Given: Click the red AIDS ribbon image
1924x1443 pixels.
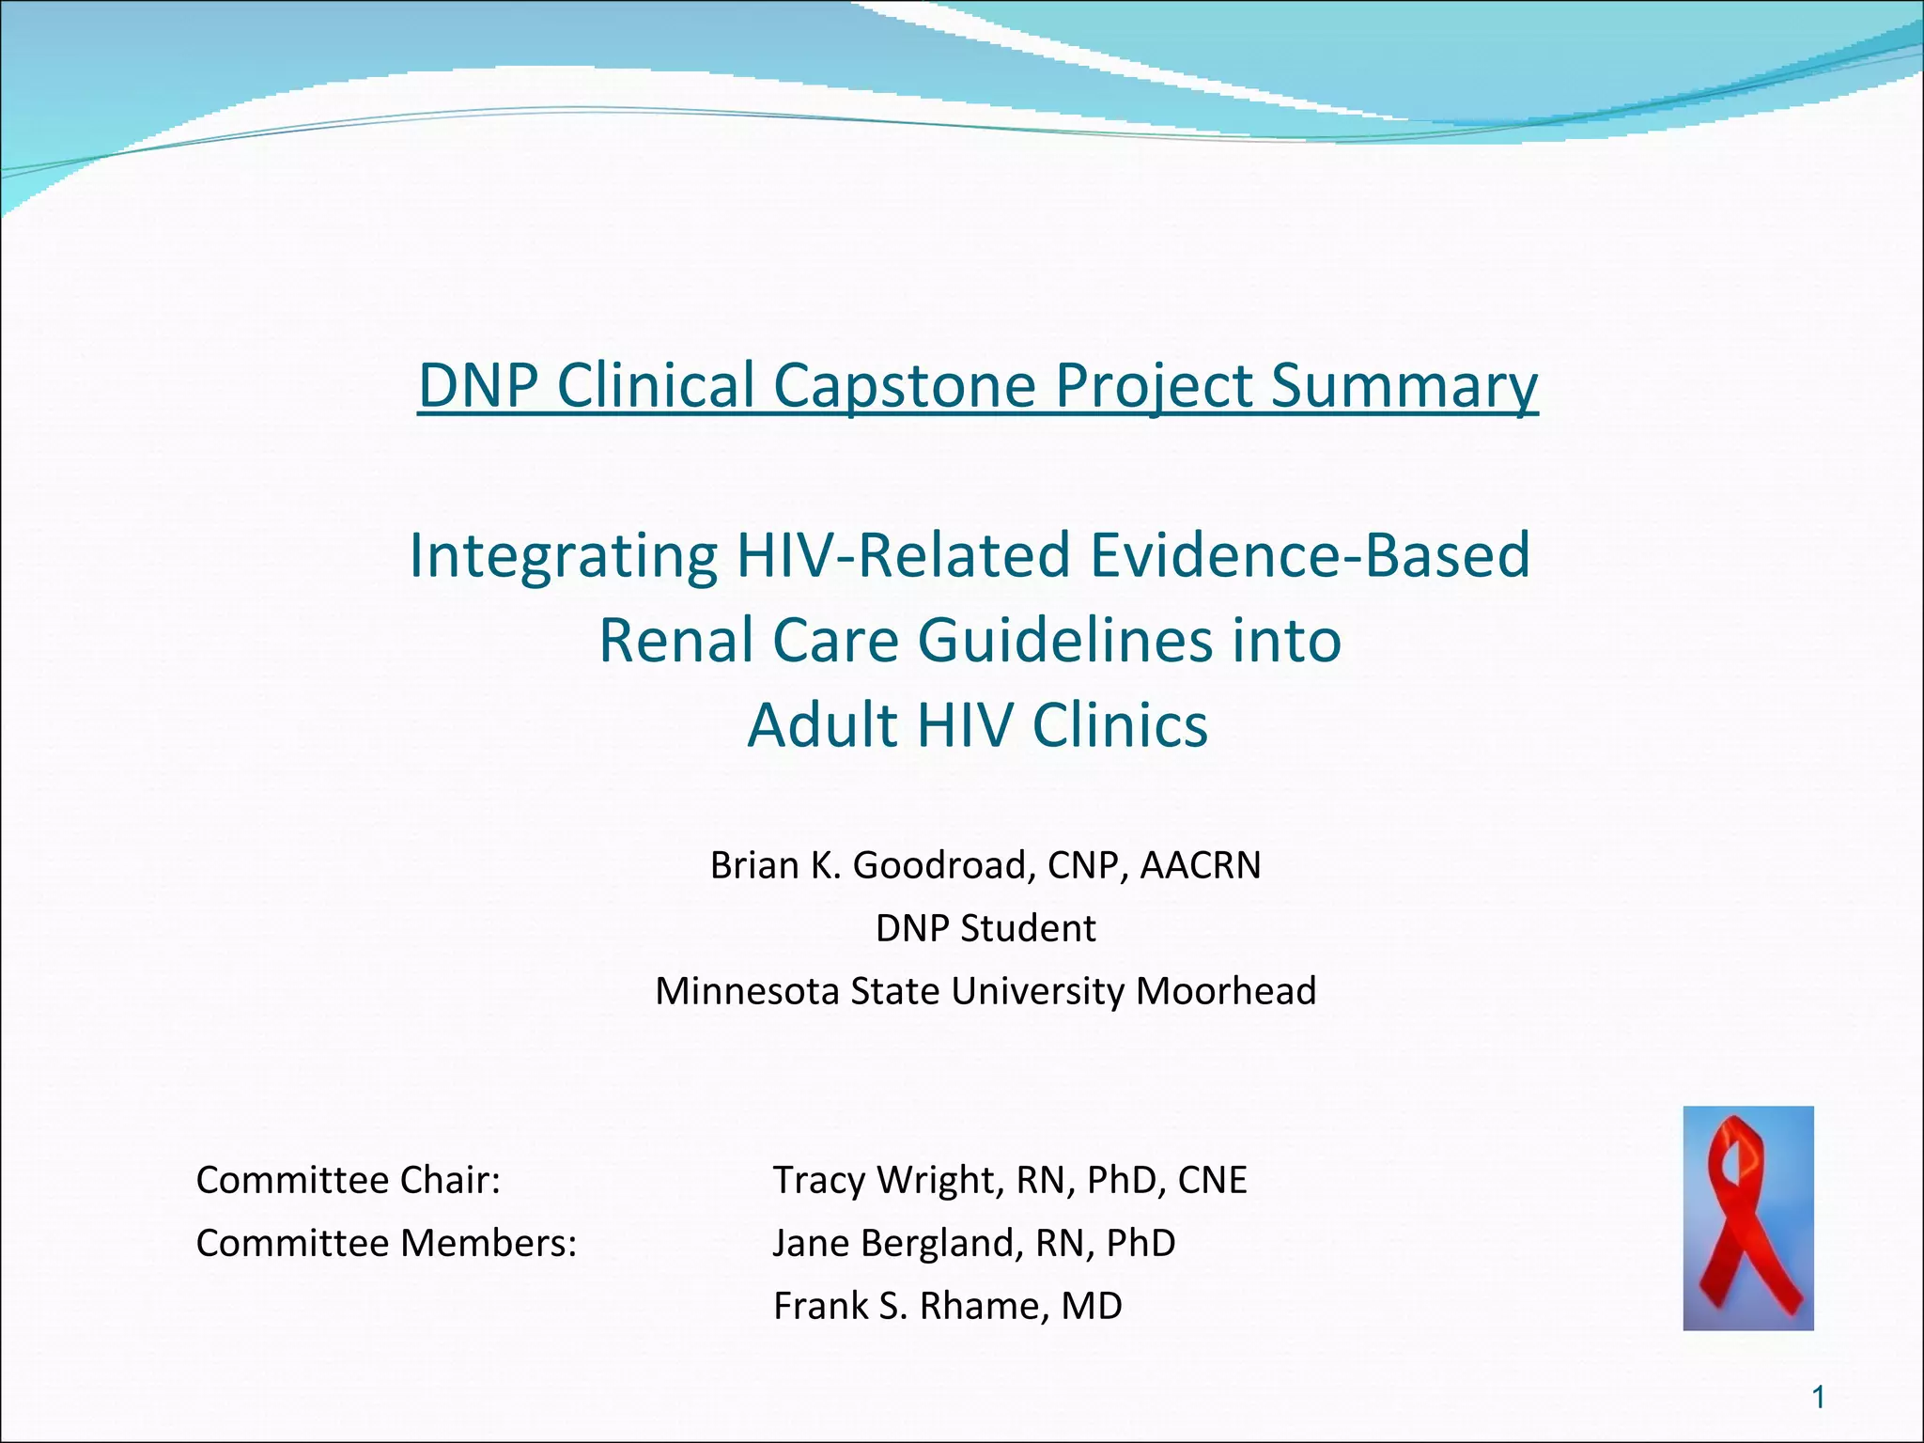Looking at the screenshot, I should coord(1747,1218).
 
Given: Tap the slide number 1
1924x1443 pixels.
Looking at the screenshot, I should coord(1818,1399).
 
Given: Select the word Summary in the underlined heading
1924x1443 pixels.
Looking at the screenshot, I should coord(1404,385).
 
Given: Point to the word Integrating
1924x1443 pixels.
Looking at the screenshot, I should coord(563,555).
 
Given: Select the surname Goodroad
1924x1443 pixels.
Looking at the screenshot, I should coord(943,865).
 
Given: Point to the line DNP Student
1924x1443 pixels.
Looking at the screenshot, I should coord(985,928).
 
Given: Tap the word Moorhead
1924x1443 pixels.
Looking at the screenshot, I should coord(1225,991).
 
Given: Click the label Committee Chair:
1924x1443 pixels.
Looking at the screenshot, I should coord(348,1180).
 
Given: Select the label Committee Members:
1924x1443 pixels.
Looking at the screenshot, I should coord(385,1243).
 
